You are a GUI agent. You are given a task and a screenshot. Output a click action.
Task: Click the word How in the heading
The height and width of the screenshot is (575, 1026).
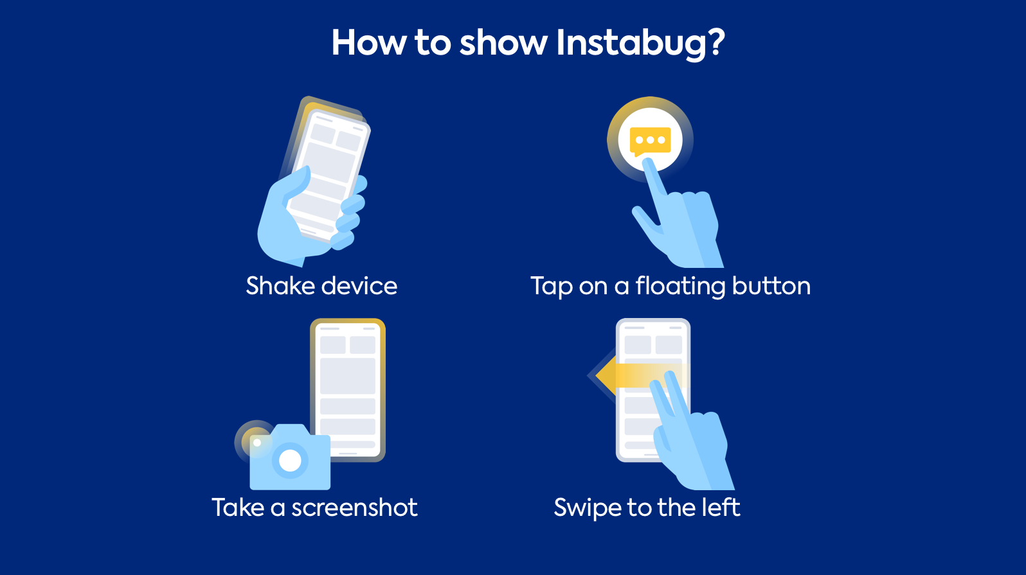click(x=369, y=42)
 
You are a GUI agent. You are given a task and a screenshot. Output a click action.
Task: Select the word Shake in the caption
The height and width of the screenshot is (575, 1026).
click(x=281, y=286)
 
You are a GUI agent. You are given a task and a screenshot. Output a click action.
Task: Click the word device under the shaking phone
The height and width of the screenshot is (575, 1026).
click(x=359, y=286)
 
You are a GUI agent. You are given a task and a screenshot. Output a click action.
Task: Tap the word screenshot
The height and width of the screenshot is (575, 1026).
click(x=354, y=508)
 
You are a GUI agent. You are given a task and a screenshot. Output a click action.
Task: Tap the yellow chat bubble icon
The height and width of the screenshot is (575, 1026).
click(x=650, y=141)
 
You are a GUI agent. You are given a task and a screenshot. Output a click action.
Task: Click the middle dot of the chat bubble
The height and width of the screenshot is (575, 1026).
click(x=651, y=140)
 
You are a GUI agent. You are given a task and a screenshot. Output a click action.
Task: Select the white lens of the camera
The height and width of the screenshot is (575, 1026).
click(x=290, y=460)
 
